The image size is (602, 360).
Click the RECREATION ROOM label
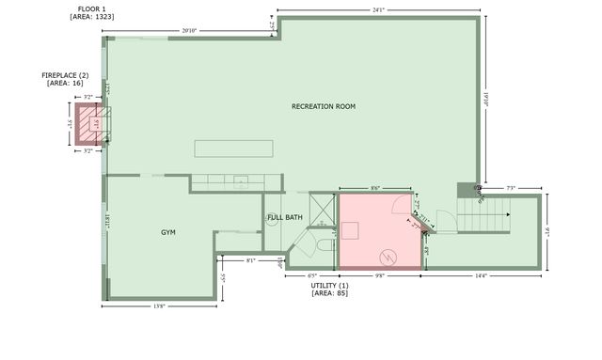pos(324,107)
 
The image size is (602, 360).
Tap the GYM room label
pos(168,232)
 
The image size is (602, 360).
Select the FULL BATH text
pos(285,217)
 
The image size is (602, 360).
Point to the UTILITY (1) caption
pos(329,285)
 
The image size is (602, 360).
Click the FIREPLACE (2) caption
pos(65,75)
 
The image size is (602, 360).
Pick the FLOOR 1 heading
pos(91,8)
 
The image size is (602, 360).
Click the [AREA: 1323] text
pos(91,17)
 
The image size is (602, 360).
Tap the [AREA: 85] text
pos(329,294)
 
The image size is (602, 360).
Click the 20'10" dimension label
pos(189,31)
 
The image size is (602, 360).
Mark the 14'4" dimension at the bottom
pos(480,275)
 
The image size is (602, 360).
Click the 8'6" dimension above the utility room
pos(375,188)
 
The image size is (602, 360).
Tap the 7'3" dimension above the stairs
pos(511,188)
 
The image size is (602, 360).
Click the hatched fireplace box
pos(89,123)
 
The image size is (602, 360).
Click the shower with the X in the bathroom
pos(322,208)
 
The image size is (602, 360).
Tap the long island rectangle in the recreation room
pos(234,149)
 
